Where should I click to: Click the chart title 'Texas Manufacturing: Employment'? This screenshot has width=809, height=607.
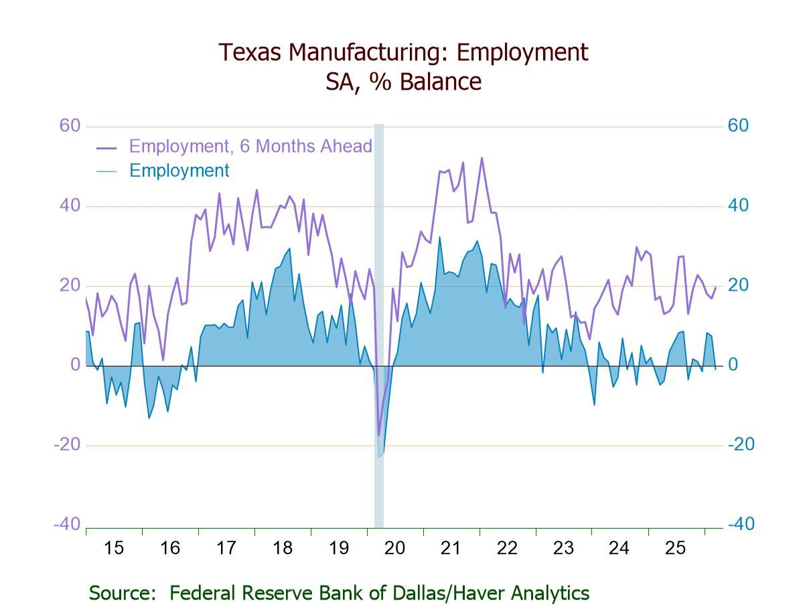[404, 52]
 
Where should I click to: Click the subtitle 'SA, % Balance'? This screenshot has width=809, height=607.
[404, 82]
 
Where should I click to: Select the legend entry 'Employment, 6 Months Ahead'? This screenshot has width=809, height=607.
[250, 146]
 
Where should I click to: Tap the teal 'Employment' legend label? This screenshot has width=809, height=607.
[179, 171]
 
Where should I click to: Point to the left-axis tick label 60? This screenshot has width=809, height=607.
[70, 126]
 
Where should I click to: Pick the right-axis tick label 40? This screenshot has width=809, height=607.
[738, 206]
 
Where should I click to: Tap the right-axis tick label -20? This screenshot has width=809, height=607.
[741, 445]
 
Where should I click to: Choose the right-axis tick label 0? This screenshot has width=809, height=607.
[733, 365]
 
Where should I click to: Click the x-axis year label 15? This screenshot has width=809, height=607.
[114, 548]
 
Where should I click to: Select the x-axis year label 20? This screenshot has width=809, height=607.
[395, 548]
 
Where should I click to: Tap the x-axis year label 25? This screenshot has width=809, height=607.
[675, 548]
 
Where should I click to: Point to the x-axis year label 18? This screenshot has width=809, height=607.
[283, 548]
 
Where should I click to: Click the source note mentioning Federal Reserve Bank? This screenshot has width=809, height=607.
[339, 593]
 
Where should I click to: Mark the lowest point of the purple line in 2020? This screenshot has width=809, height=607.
[378, 435]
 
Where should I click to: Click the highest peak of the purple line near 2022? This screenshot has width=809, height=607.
[482, 158]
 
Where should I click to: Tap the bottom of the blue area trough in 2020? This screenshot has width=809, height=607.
[379, 458]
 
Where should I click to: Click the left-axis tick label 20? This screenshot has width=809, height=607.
[70, 285]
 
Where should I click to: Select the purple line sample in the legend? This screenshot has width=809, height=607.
[106, 147]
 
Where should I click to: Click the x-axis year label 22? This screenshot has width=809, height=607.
[508, 548]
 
